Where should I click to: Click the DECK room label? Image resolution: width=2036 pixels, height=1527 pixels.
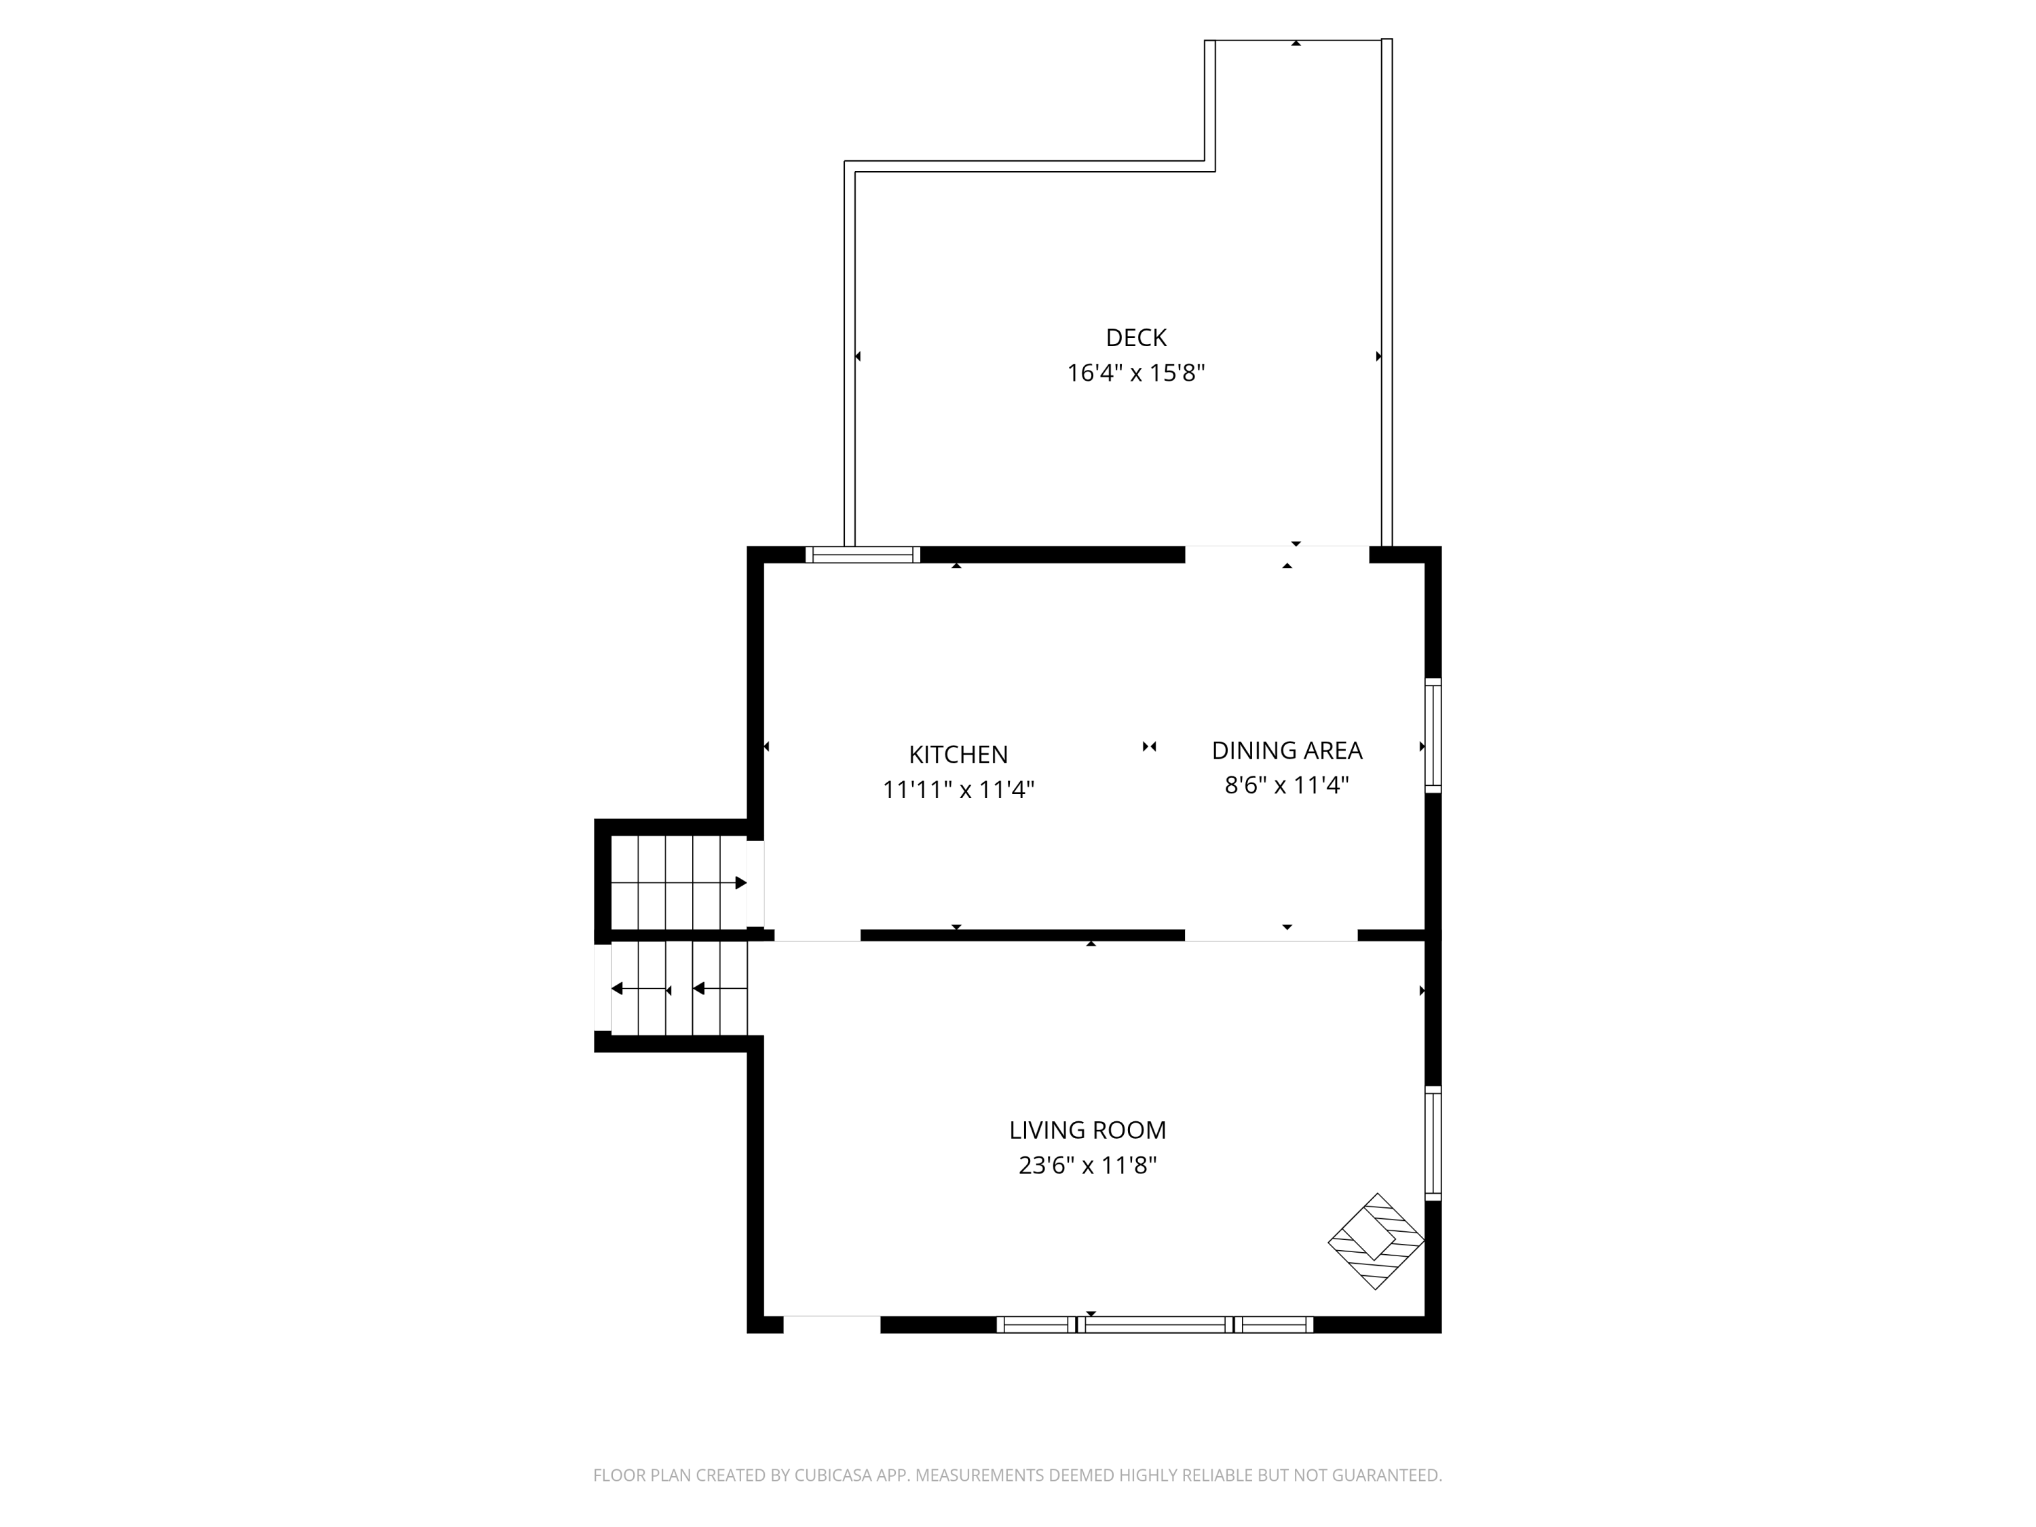tap(1136, 338)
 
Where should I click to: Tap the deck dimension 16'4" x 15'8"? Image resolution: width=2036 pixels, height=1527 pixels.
tap(1136, 373)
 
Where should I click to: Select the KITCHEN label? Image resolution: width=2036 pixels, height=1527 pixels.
tap(958, 755)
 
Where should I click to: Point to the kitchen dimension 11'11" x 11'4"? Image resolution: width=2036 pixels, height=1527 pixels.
tap(958, 790)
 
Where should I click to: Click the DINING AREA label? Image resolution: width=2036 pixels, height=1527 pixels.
tap(1286, 751)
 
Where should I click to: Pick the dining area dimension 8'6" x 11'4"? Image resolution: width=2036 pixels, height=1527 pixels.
tap(1286, 785)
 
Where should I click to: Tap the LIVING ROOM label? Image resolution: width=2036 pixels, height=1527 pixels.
tap(1087, 1130)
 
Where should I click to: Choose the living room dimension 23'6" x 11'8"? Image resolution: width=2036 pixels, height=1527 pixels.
tap(1087, 1166)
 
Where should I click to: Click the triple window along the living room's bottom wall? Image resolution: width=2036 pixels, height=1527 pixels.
tap(1154, 1325)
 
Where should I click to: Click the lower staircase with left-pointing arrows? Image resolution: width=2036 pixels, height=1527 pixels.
tap(679, 989)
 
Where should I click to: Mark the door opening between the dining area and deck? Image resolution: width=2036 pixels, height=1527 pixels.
tap(1277, 554)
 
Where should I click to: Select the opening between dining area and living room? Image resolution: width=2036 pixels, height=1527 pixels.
tap(1270, 936)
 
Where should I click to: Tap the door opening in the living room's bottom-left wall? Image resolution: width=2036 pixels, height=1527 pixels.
tap(831, 1325)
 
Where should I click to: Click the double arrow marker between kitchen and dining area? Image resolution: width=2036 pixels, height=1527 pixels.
tap(1149, 747)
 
